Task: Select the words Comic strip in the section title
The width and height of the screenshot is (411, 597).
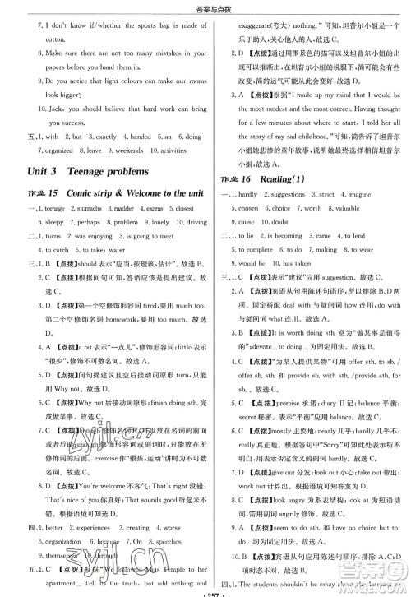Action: pyautogui.click(x=90, y=193)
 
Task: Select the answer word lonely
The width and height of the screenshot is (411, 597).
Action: pyautogui.click(x=159, y=222)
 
